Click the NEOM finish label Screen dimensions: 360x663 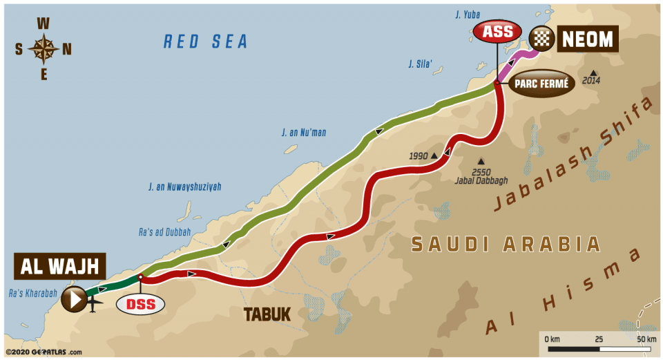(x=587, y=39)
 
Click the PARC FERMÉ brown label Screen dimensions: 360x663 (x=542, y=84)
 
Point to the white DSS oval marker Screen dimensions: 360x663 (x=140, y=303)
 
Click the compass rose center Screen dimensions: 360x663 (x=44, y=49)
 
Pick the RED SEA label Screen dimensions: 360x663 (x=205, y=42)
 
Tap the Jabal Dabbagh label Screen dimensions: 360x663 (x=481, y=181)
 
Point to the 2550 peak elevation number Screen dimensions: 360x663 (x=481, y=171)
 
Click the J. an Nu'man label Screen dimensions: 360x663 (x=305, y=131)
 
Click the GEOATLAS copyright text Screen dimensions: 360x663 (x=43, y=352)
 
